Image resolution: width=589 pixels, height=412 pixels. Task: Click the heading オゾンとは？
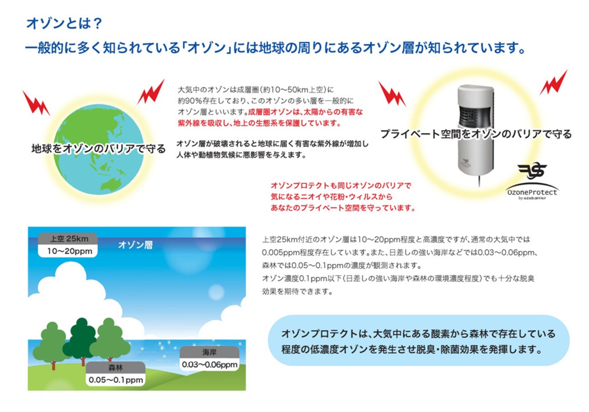click(x=64, y=23)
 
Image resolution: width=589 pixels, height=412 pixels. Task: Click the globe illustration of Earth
click(x=98, y=150)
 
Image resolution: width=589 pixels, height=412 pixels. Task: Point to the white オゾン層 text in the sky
click(x=135, y=245)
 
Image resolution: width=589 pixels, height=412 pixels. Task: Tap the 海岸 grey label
click(x=209, y=352)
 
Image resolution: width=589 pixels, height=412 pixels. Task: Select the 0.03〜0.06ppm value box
click(x=209, y=365)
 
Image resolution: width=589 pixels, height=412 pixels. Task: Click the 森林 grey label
click(x=115, y=367)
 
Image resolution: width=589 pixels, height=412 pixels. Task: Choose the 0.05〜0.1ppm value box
click(x=115, y=380)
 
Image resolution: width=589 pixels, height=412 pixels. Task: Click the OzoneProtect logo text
click(x=532, y=192)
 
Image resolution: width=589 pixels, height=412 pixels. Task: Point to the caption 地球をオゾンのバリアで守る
click(x=98, y=149)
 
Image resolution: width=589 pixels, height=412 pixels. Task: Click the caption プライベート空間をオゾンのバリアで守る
click(x=476, y=134)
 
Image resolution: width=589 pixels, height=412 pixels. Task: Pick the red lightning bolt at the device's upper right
click(x=554, y=83)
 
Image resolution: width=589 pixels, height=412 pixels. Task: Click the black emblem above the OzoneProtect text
click(x=532, y=172)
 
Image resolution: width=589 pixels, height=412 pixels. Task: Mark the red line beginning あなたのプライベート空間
click(x=343, y=208)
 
